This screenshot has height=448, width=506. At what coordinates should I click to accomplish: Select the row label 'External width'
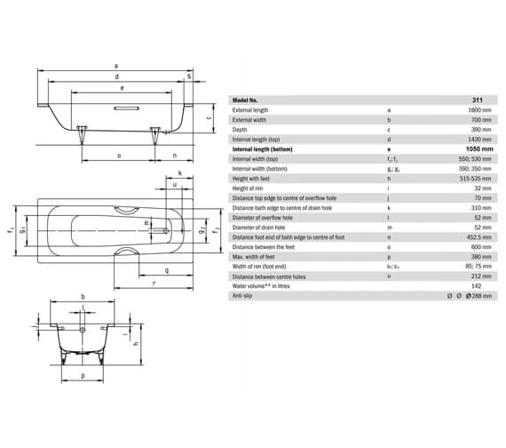(x=250, y=119)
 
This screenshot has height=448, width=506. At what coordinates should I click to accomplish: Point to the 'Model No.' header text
(x=248, y=100)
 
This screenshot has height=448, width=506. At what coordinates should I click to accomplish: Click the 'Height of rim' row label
(x=249, y=188)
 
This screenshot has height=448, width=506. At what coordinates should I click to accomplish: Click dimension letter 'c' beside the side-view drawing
(x=208, y=117)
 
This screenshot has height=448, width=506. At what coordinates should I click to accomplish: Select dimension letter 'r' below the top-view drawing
(x=154, y=282)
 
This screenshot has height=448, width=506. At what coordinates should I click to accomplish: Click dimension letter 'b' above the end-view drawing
(x=83, y=296)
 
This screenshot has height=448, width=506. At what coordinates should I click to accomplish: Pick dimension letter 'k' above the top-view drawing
(x=180, y=172)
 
